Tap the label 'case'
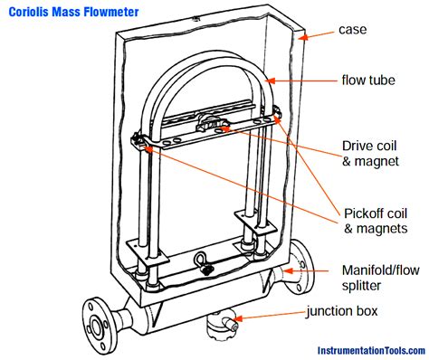click(x=352, y=30)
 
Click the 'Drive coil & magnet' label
click(x=368, y=154)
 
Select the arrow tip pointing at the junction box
click(x=232, y=318)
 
